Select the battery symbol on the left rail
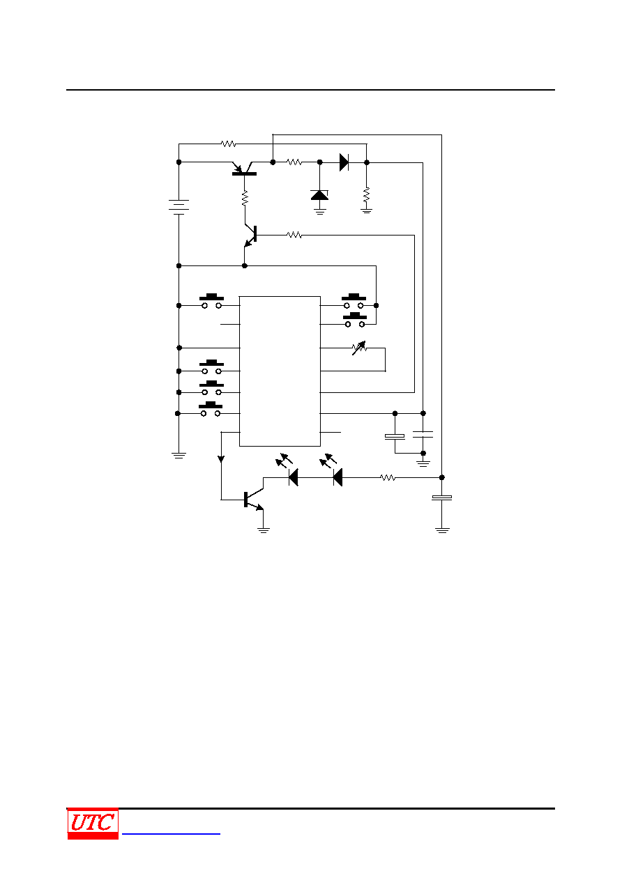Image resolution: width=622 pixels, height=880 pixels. click(179, 207)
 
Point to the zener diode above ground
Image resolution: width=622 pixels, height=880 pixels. click(319, 195)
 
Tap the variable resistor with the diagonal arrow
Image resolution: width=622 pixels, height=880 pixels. click(359, 348)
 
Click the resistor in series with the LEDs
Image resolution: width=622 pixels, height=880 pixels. click(388, 478)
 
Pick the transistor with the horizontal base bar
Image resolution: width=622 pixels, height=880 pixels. click(244, 169)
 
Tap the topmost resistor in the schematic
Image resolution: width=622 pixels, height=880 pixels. click(229, 144)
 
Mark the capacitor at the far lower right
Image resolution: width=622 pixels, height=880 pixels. click(442, 497)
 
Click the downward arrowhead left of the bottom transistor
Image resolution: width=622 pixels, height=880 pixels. click(221, 459)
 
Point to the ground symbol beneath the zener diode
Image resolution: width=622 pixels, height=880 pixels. click(320, 212)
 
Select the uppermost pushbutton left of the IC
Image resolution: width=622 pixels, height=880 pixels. click(211, 301)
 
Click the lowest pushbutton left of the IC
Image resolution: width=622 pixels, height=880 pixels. click(211, 409)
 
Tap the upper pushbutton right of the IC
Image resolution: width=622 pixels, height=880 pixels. click(354, 301)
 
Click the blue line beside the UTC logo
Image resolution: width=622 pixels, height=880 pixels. click(171, 833)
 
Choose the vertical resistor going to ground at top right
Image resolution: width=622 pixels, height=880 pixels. click(367, 195)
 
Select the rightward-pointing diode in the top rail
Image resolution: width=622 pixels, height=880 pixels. click(344, 162)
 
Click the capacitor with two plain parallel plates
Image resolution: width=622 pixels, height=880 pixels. click(423, 434)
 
